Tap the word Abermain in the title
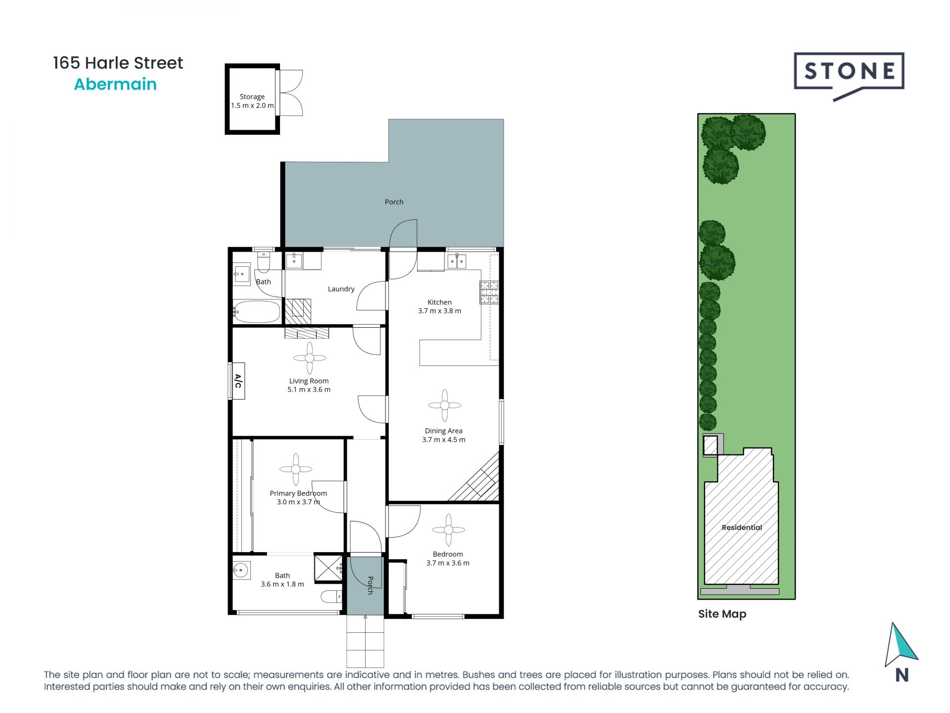click(x=115, y=84)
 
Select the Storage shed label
click(x=252, y=101)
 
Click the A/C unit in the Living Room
click(x=238, y=381)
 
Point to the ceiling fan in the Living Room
click(x=309, y=358)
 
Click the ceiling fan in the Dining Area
click(x=444, y=405)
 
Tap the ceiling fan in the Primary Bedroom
click(x=295, y=469)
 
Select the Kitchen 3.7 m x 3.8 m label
click(x=439, y=306)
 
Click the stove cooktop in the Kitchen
click(x=489, y=292)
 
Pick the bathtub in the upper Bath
click(x=257, y=311)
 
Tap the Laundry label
click(x=341, y=289)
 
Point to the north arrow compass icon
click(x=901, y=646)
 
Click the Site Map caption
click(x=722, y=614)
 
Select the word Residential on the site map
click(x=741, y=527)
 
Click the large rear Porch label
click(x=394, y=202)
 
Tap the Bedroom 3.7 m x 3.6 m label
click(x=448, y=559)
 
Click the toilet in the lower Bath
click(x=331, y=596)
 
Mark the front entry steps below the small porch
click(x=365, y=642)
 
